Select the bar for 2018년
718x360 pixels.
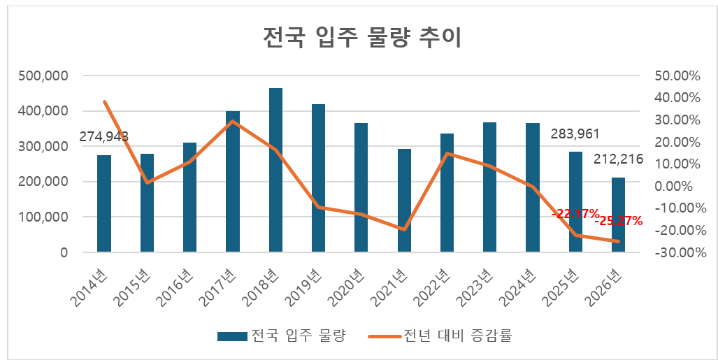tap(275, 170)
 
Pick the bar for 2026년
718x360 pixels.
tap(618, 215)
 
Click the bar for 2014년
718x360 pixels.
tap(104, 203)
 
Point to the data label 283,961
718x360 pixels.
tap(575, 134)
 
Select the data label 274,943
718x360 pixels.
tap(104, 136)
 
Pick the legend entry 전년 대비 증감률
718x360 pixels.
tap(458, 336)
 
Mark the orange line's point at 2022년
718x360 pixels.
tap(447, 154)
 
